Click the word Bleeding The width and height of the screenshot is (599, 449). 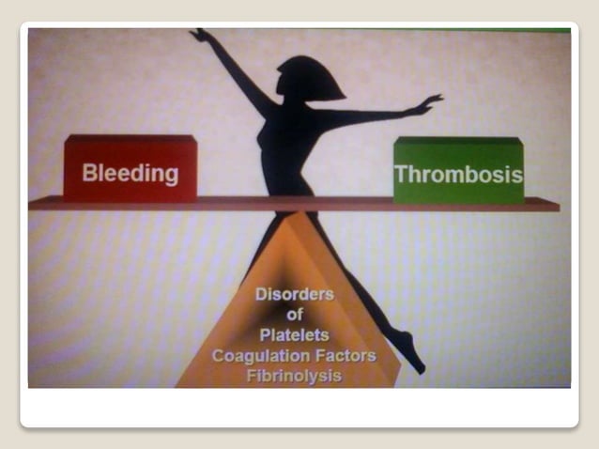point(130,173)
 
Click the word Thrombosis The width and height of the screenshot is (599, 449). point(458,175)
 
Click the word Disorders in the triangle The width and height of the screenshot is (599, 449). point(294,294)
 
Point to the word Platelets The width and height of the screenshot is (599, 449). point(294,335)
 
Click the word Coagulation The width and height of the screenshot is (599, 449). point(253,356)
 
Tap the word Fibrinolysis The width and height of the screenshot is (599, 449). point(294,377)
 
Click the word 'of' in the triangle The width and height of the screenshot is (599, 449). point(294,315)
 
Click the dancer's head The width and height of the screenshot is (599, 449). point(307,78)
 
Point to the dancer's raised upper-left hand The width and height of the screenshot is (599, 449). point(200,36)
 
